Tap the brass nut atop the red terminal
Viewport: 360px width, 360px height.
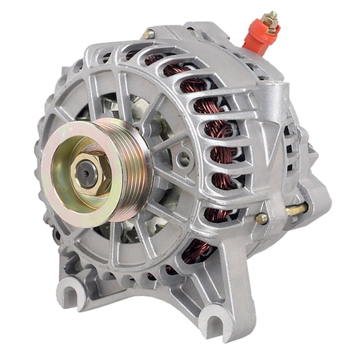(x=271, y=20)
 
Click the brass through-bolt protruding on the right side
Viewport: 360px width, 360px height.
(x=295, y=209)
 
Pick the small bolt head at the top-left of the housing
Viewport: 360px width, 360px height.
(x=147, y=35)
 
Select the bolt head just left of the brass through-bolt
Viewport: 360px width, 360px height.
(x=262, y=218)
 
